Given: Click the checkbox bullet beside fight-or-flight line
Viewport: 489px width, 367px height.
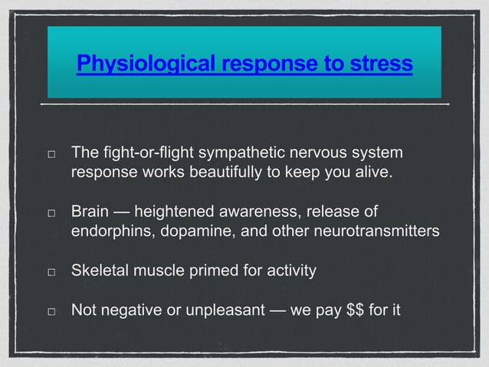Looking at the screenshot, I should [50, 154].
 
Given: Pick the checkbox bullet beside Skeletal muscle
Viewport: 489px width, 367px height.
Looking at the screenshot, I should [50, 272].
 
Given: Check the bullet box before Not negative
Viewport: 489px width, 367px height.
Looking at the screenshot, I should [50, 312].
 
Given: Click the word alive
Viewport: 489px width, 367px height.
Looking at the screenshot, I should [372, 173].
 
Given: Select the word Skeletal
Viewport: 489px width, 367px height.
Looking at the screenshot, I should [100, 271].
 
